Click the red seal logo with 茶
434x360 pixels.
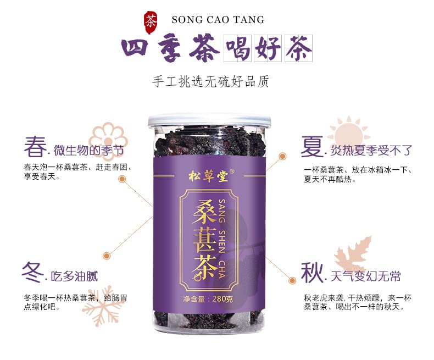[150, 20]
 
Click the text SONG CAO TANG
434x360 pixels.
[218, 20]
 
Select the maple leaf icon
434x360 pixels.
[353, 256]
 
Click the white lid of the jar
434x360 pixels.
[209, 120]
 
